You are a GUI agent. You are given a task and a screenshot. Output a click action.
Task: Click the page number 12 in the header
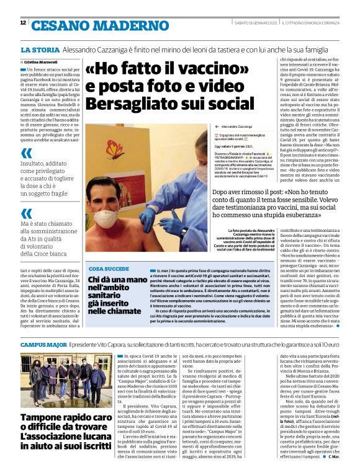pos(23,23)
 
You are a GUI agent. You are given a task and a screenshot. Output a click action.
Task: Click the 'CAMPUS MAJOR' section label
pos(43,343)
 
